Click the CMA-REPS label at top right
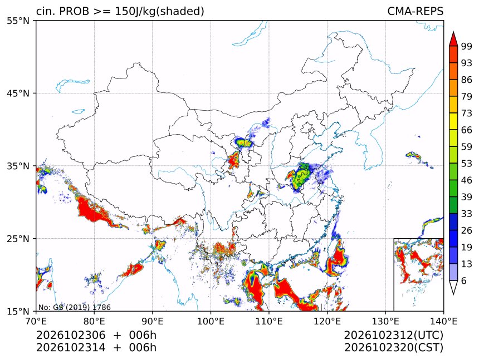coord(415,11)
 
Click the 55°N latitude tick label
coord(18,21)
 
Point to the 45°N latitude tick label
coord(18,93)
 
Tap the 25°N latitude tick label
coord(18,239)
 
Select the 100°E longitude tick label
coord(211,322)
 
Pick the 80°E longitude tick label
coord(94,322)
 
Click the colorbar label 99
coord(467,47)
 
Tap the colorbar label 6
coord(464,280)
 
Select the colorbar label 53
coord(467,164)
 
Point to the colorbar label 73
coord(467,114)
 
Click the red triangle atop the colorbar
coord(453,39)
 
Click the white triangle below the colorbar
coord(453,287)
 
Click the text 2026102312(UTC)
coord(393,336)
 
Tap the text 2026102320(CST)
coord(393,348)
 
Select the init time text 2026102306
coord(71,336)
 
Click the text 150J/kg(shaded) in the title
coord(159,11)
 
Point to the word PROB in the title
coord(74,11)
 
